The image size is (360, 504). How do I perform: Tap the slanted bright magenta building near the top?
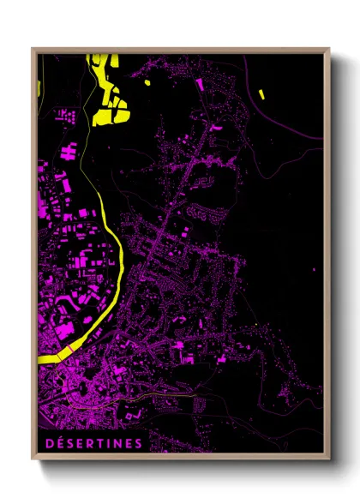tap(201, 84)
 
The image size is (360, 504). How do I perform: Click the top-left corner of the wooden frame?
tap(33, 49)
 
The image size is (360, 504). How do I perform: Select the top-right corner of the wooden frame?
tap(329, 49)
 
